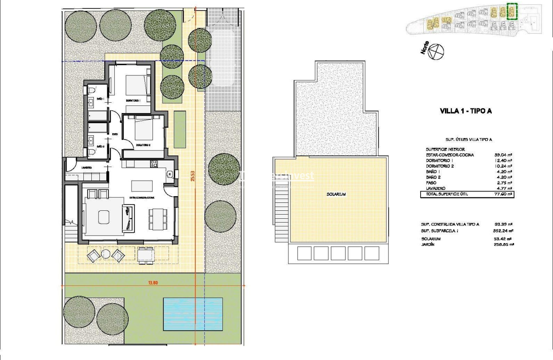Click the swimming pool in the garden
point(192,313)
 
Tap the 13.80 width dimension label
point(152,282)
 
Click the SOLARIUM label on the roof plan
point(336,194)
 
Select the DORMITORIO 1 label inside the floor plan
point(133,101)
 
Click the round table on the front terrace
point(106,254)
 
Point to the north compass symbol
point(437,52)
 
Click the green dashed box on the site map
point(512,11)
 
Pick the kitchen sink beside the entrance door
point(170,174)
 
